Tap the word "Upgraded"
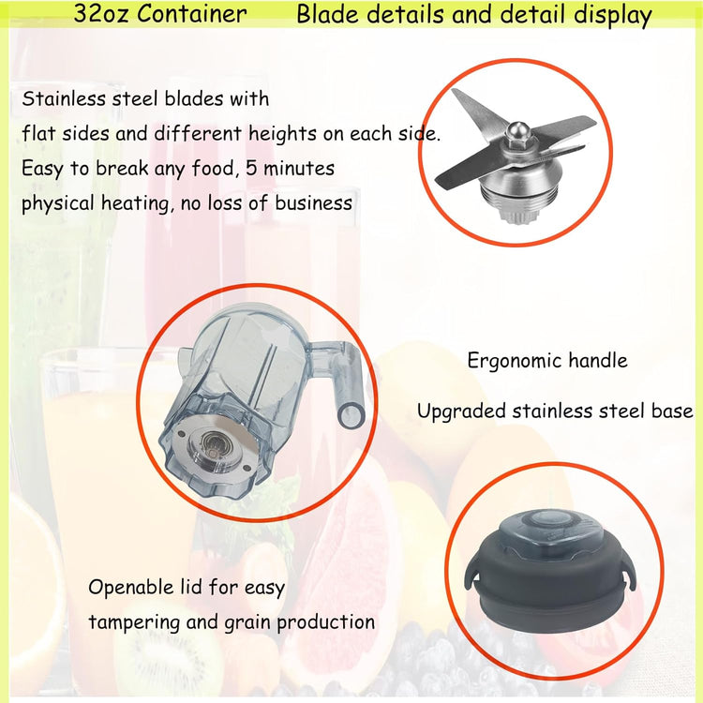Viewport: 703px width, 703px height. pos(461,411)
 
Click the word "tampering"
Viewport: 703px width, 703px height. pos(132,621)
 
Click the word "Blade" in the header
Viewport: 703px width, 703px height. pos(325,15)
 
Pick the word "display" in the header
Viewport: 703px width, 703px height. pos(607,15)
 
